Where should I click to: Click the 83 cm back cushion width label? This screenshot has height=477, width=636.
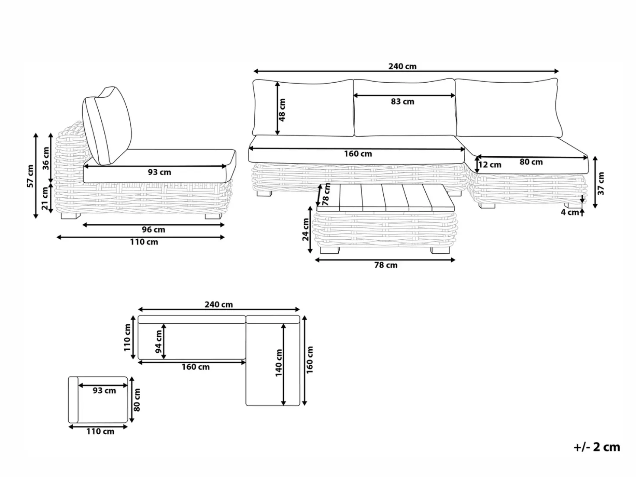[402, 102]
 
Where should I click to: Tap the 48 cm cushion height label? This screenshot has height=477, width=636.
[282, 110]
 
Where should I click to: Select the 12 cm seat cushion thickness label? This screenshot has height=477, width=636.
[490, 164]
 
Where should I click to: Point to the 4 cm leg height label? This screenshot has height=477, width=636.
[570, 212]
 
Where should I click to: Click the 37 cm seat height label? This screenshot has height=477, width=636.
[601, 184]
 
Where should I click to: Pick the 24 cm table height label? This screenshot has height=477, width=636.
[306, 229]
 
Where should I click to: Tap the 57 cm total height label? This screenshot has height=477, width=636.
[30, 176]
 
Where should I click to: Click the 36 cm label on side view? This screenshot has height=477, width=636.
[46, 158]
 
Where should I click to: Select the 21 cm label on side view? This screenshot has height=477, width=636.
[45, 198]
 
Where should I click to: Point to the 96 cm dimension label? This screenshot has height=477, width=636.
[153, 230]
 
